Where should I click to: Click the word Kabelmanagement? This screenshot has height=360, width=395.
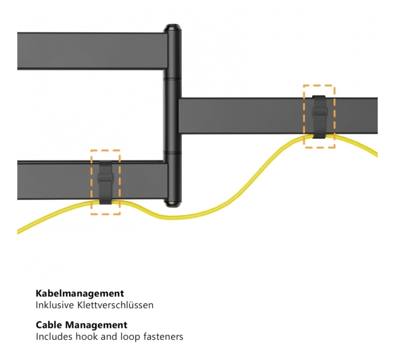(x=79, y=294)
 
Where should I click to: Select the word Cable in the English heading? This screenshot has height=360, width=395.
(x=50, y=325)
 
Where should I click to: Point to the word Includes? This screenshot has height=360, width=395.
(x=54, y=337)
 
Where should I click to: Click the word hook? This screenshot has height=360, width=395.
(x=87, y=337)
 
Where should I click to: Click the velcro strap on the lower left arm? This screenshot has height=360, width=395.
(x=106, y=181)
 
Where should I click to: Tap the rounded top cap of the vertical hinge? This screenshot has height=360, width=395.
(x=172, y=29)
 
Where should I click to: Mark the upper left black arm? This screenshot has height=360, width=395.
(x=91, y=51)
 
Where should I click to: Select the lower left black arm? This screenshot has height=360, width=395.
(x=59, y=180)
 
